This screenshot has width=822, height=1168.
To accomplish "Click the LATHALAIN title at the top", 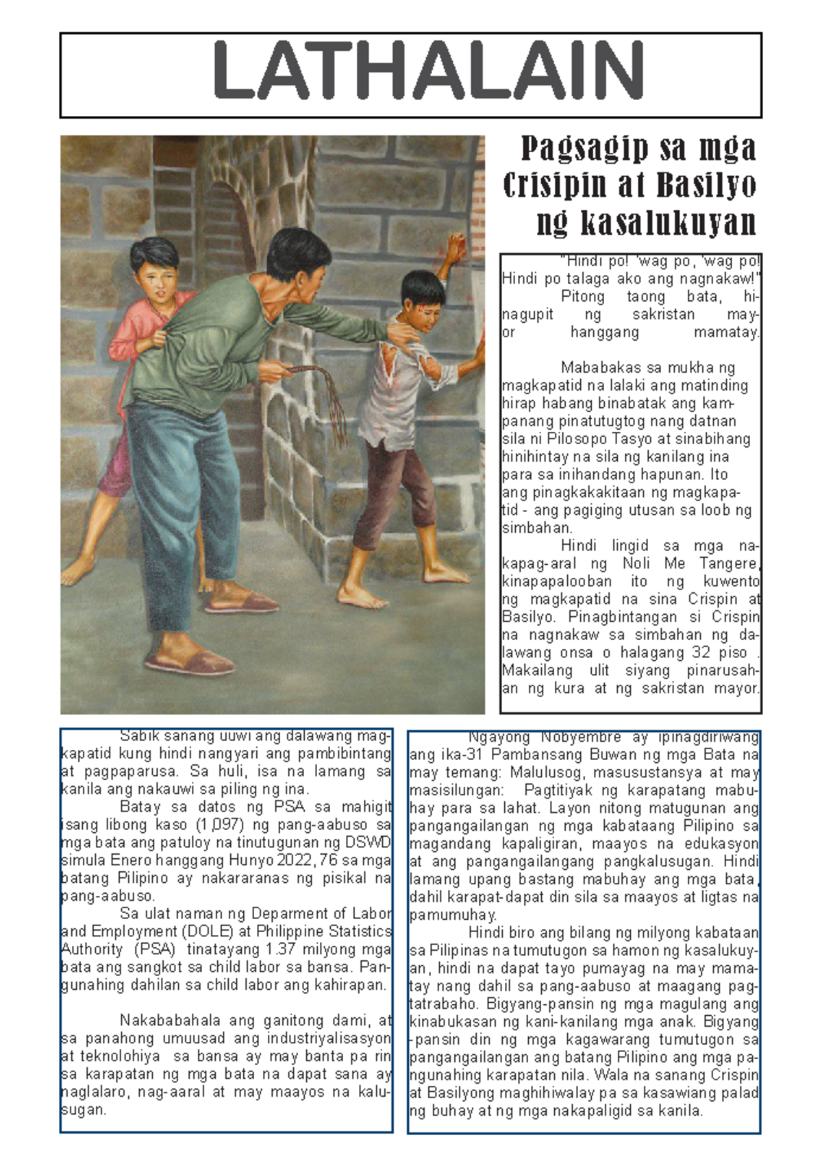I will click(428, 71).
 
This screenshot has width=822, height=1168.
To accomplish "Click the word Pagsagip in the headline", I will click(584, 148).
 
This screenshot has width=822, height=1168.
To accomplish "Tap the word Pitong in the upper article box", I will click(582, 297).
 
